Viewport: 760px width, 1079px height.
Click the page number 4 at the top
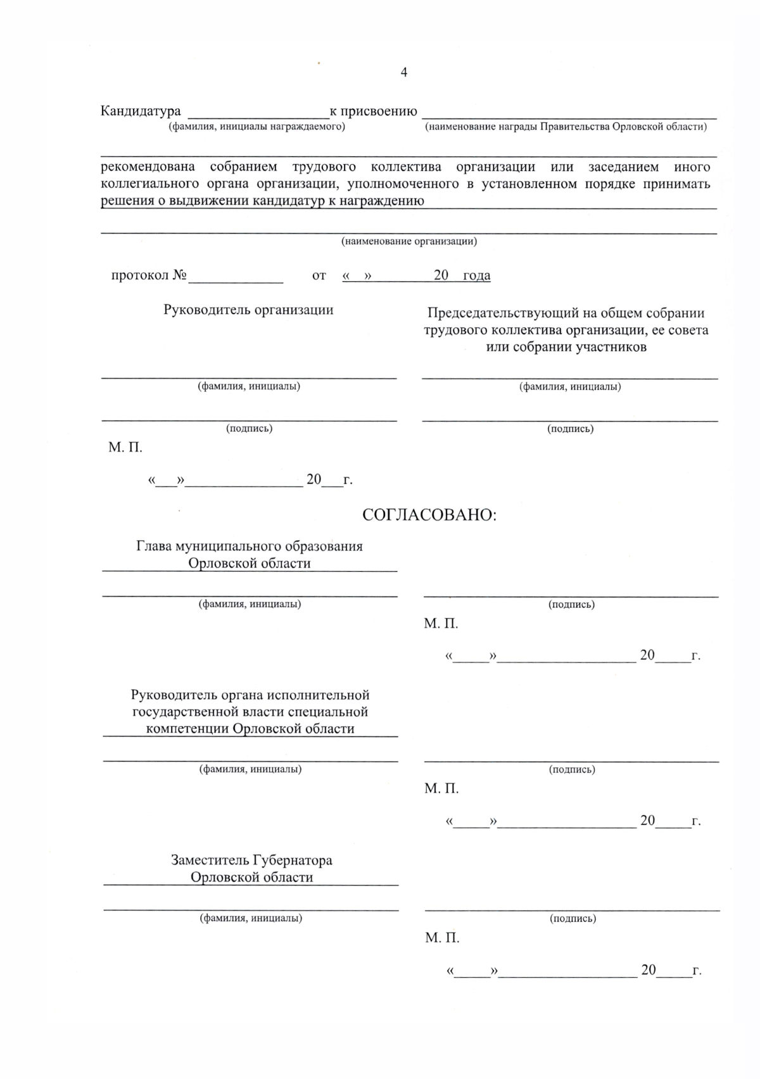pos(404,72)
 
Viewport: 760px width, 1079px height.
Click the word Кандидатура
pos(141,111)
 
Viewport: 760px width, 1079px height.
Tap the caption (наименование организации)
pos(409,241)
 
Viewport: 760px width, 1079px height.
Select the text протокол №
pos(149,275)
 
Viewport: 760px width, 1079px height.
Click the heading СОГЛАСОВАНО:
pos(429,515)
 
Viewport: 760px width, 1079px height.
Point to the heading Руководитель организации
pos(248,310)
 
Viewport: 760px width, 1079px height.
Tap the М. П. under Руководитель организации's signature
pos(125,448)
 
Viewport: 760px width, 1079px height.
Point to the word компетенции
pos(187,728)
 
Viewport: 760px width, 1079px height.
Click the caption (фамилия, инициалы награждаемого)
pos(256,127)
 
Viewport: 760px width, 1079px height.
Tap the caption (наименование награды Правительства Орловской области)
pos(566,127)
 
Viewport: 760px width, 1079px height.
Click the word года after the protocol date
pos(476,275)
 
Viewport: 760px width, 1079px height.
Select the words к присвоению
pos(374,111)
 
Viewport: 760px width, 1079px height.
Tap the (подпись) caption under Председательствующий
pos(570,429)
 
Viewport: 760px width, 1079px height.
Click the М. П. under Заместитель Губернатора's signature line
pos(442,938)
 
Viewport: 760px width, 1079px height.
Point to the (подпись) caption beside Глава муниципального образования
pos(571,604)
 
